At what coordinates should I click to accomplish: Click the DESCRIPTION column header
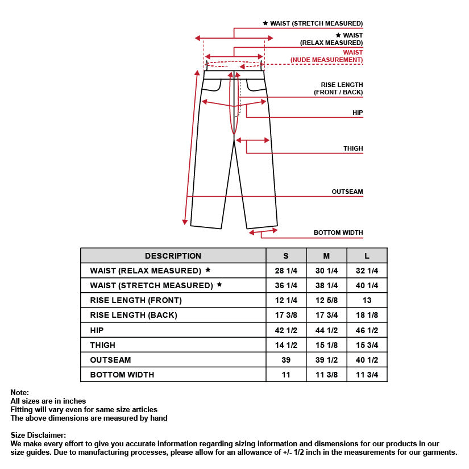(173, 256)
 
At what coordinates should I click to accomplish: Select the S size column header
(286, 256)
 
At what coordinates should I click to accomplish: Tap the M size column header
(326, 256)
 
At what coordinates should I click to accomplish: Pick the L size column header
(367, 256)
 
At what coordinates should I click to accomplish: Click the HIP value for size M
(326, 330)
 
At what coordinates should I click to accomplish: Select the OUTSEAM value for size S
(286, 360)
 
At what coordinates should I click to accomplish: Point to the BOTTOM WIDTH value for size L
(367, 375)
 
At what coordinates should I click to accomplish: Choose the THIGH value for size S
(286, 345)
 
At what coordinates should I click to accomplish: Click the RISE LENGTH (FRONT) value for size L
(367, 300)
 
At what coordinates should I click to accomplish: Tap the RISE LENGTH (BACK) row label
(134, 315)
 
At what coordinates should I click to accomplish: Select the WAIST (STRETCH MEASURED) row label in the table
(151, 285)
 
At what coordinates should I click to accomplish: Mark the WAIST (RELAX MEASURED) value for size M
(326, 271)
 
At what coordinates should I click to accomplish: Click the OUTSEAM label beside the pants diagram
(347, 192)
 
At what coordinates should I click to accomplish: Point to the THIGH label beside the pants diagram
(352, 148)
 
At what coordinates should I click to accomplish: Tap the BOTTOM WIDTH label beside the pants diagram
(338, 233)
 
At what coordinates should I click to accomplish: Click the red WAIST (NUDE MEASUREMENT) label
(326, 56)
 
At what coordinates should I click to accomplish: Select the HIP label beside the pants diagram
(357, 113)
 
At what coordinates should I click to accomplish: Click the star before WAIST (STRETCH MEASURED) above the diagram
(265, 23)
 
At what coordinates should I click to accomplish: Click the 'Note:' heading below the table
(20, 392)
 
